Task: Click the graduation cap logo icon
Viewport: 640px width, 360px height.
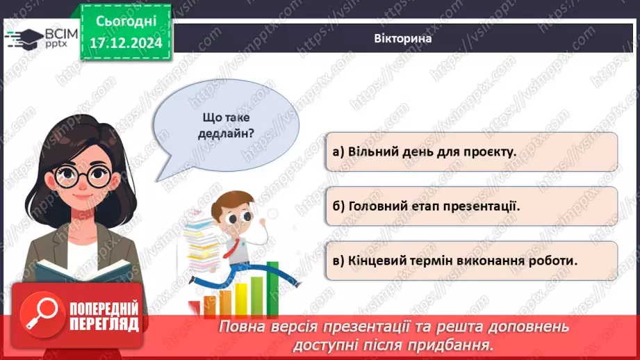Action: [23, 38]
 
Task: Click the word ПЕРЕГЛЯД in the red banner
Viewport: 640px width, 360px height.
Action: [104, 324]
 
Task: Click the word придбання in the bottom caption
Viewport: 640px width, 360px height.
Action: [459, 345]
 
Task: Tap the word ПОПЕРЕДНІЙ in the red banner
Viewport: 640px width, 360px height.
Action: [104, 309]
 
